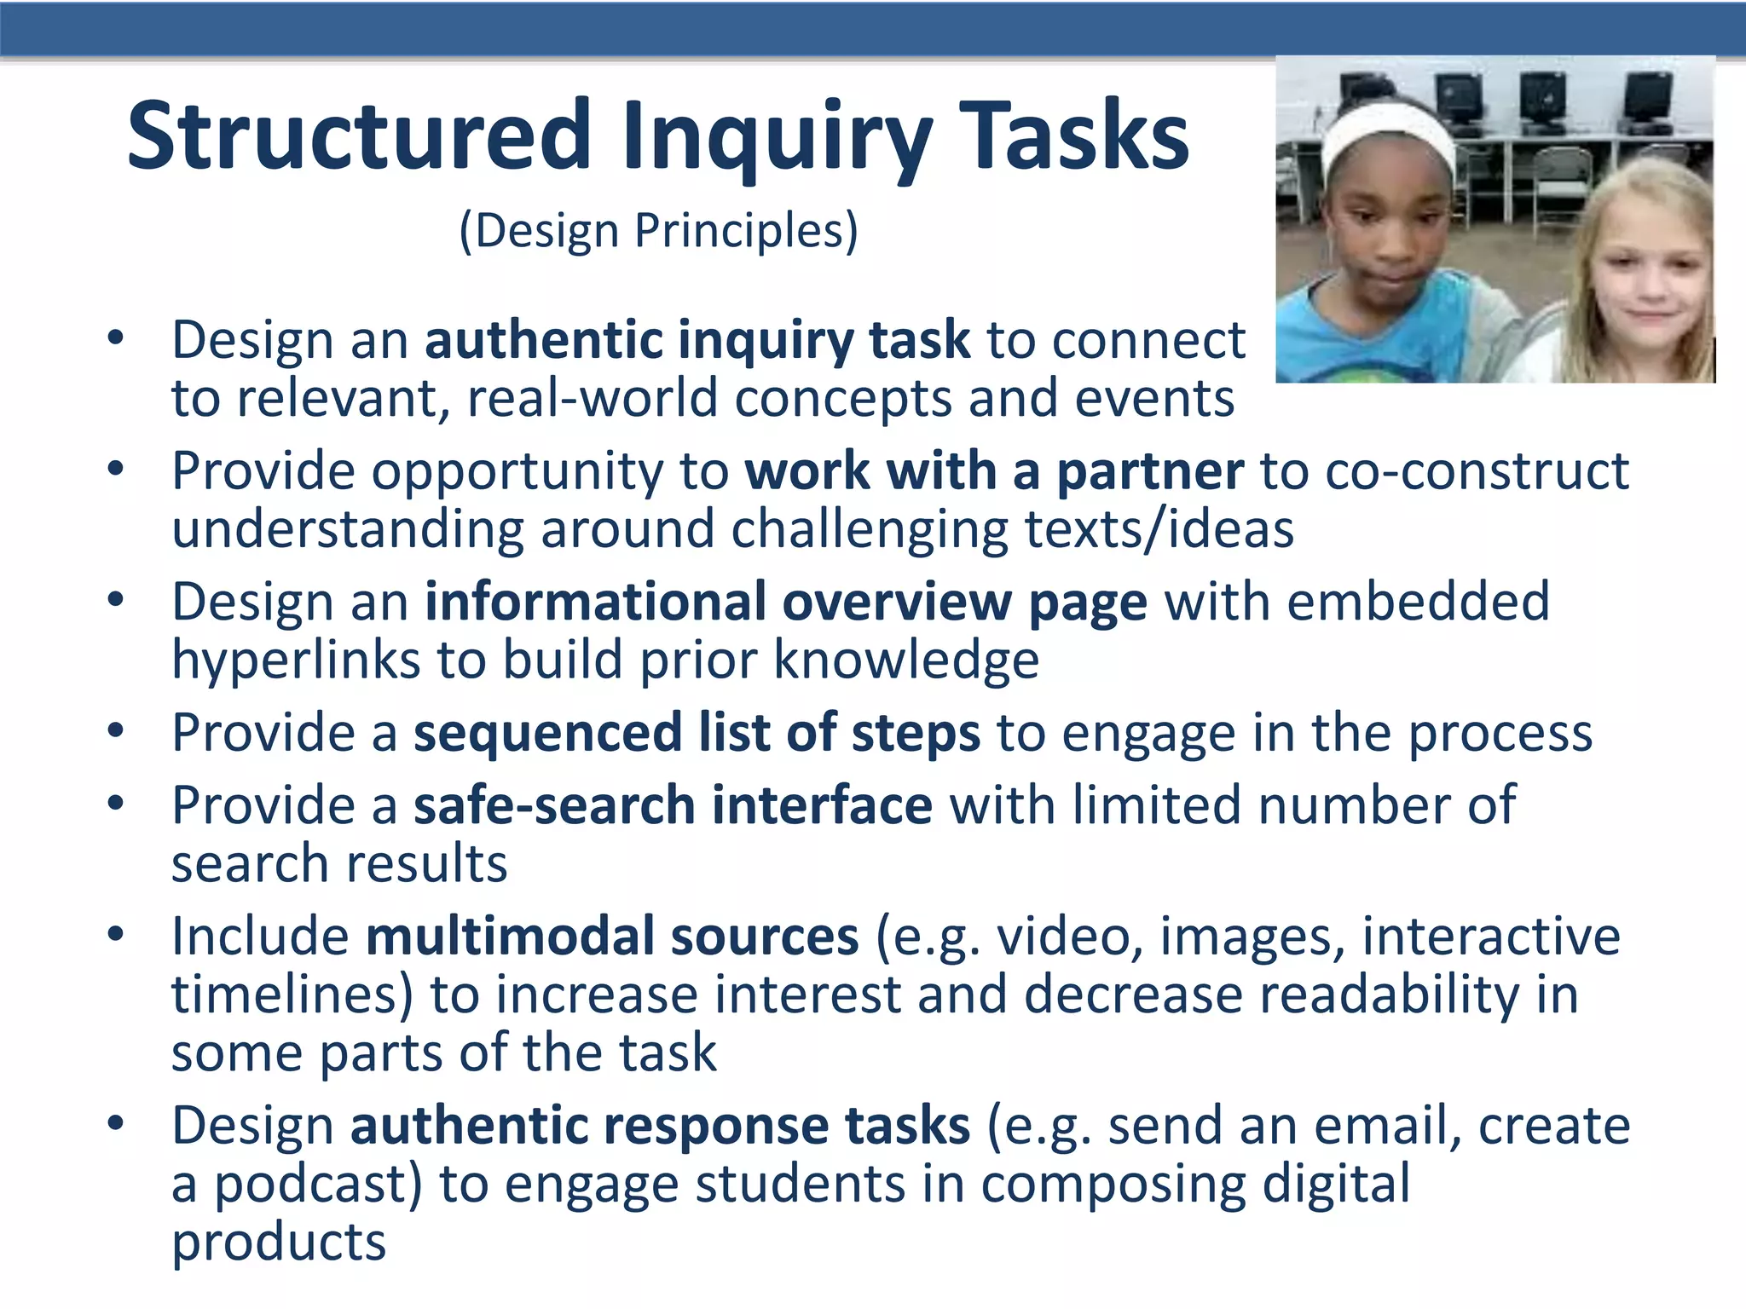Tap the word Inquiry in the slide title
[776, 136]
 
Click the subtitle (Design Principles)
[658, 231]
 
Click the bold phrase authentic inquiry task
[697, 340]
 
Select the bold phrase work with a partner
[994, 471]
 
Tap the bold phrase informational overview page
[786, 603]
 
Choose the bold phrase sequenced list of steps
[697, 734]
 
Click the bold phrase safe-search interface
[673, 806]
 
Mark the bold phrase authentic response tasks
[660, 1126]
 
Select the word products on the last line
[279, 1243]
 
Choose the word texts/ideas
[1159, 529]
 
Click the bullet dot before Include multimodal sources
[116, 934]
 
